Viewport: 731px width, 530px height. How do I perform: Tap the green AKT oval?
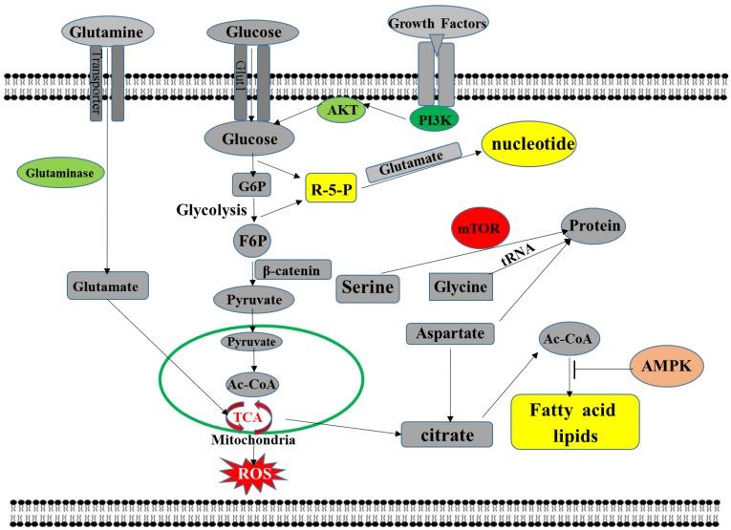point(343,110)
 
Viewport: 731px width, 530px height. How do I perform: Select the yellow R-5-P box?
point(331,190)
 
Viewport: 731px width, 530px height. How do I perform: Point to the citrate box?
point(448,435)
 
